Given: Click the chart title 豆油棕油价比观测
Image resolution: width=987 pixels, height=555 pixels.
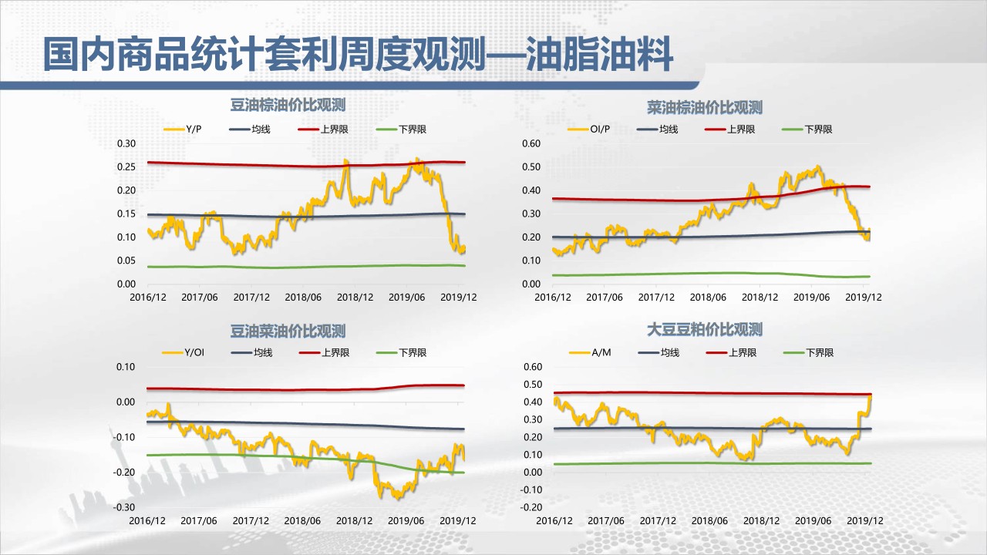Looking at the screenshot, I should (288, 106).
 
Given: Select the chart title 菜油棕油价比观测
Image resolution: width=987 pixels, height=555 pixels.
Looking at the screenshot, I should (705, 107).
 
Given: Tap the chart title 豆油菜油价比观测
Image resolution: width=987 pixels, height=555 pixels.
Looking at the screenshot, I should (288, 331).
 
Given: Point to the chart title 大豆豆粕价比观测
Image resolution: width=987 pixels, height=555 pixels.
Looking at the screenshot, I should (705, 330).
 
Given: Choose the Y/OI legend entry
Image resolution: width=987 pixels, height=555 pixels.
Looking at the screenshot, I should (194, 352).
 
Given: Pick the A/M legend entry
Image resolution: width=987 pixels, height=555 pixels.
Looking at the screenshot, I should (601, 352).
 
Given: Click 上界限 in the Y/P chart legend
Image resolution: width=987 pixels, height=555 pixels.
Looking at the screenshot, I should (334, 129).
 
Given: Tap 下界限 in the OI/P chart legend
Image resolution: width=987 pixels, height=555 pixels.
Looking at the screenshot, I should (818, 129).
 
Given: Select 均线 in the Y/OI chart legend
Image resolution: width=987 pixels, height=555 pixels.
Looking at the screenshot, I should (263, 352).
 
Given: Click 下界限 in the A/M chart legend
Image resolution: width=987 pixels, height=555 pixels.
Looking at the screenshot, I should (820, 352).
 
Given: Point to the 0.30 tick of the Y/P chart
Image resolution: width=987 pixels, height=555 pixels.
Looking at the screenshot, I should (126, 143).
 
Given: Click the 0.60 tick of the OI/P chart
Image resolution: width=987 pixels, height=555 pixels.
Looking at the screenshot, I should (531, 143).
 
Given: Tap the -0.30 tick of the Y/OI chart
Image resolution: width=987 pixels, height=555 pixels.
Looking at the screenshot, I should (124, 507).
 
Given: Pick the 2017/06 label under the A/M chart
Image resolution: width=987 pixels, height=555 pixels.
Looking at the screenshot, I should (605, 520).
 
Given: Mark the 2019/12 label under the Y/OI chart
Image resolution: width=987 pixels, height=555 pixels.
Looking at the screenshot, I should (458, 520).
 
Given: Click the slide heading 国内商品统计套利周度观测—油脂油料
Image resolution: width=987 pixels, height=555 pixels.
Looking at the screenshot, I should (358, 55).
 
